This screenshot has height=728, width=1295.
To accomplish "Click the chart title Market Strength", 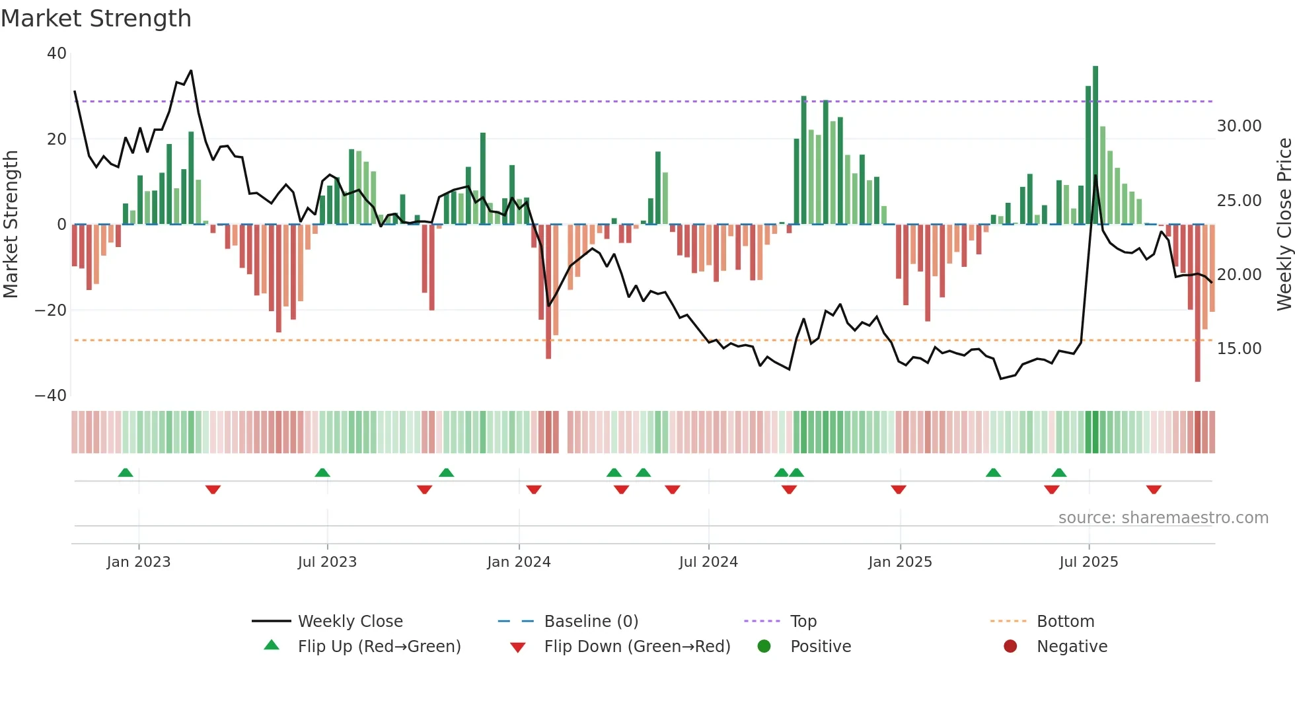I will (x=96, y=18).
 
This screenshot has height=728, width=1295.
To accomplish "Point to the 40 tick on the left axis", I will (x=57, y=54).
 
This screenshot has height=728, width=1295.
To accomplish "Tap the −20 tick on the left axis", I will (x=51, y=310).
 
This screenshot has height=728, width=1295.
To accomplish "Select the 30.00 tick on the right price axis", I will (x=1239, y=126).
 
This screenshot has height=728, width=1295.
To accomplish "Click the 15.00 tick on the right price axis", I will (x=1239, y=349).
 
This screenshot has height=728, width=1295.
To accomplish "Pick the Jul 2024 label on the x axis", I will (x=708, y=562).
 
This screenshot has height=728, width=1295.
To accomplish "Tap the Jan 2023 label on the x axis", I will (x=139, y=562).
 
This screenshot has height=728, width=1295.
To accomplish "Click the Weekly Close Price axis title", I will (x=1284, y=225).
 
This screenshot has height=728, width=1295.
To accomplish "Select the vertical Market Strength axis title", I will (x=11, y=225).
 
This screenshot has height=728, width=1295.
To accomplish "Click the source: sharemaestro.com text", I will (x=1163, y=518).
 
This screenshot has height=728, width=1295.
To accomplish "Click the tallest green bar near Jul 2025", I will (x=1095, y=145).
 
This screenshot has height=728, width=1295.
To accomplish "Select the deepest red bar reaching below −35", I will (x=1197, y=304).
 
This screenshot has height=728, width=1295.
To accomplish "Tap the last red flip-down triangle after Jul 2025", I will (x=1154, y=490).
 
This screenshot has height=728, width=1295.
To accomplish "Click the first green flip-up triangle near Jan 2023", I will (x=126, y=472).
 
